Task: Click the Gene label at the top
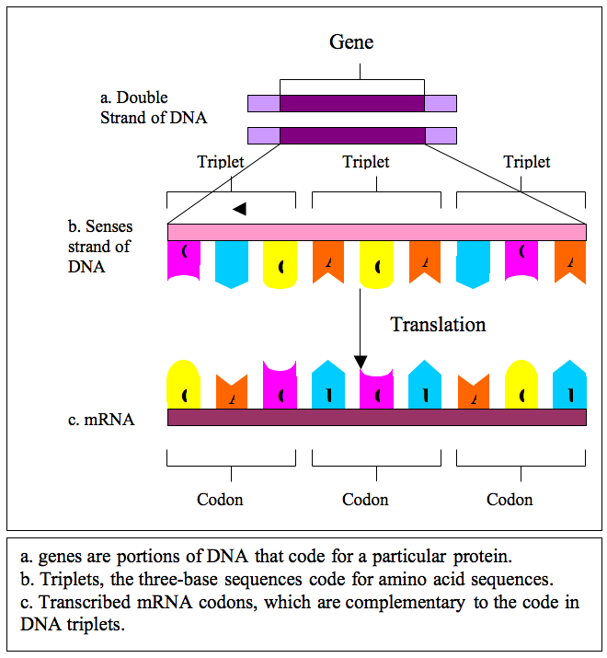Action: (351, 42)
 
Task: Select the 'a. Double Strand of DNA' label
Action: (154, 108)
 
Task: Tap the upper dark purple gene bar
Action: (352, 103)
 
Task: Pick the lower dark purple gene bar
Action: (352, 135)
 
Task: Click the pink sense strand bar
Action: (377, 231)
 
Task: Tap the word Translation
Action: (438, 324)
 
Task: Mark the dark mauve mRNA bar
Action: (377, 418)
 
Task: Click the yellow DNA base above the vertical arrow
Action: (376, 262)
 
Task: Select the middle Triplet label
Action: (365, 162)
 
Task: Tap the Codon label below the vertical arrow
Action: (365, 500)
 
